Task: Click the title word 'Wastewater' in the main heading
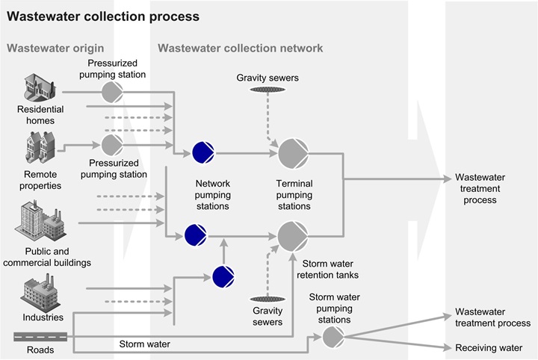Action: [x=38, y=16]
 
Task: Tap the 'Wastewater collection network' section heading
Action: [x=240, y=49]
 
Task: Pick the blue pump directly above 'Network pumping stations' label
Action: [x=202, y=152]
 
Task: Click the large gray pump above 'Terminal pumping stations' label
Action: [x=292, y=153]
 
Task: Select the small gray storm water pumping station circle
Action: [x=333, y=337]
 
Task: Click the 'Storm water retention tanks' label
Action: [x=333, y=269]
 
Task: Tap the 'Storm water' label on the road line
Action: [x=144, y=344]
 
